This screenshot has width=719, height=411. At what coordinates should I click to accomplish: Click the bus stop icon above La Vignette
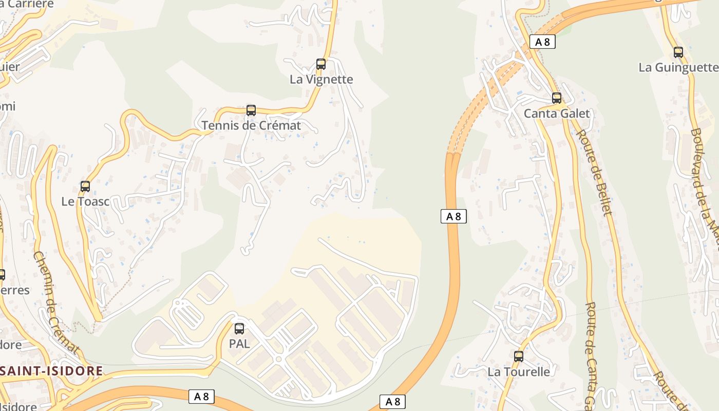tap(321, 64)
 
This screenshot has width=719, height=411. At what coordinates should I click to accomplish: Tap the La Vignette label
tap(321, 79)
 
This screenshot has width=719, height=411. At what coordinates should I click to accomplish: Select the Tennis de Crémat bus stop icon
tap(251, 110)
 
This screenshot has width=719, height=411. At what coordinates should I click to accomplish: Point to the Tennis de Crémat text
tap(251, 125)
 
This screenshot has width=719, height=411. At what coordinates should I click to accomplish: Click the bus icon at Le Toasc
tap(85, 186)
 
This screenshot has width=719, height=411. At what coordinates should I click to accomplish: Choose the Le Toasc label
tap(85, 201)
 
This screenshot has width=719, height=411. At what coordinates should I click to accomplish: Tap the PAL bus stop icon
tap(239, 329)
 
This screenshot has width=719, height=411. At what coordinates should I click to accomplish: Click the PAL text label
tap(239, 344)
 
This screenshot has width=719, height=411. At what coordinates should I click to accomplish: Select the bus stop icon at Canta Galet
tap(557, 98)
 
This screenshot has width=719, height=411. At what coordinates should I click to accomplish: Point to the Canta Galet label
tap(557, 114)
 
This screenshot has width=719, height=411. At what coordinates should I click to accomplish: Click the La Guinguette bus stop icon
tap(678, 52)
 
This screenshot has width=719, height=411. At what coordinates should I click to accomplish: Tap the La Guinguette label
tap(678, 67)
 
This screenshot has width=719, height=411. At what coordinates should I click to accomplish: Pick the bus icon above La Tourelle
tap(519, 356)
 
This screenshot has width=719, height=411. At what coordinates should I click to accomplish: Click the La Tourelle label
tap(519, 371)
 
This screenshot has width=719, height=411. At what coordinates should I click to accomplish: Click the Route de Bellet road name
tap(595, 172)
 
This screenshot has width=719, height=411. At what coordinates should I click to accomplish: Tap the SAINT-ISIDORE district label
tap(51, 370)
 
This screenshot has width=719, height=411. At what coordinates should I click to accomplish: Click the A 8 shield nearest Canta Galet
tap(542, 42)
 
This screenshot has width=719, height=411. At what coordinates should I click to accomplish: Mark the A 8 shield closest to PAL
tap(201, 397)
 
